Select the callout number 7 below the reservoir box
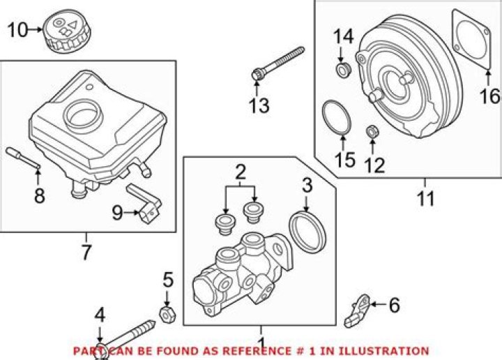86,253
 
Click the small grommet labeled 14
343,70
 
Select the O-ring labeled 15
336,117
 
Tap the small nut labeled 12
372,131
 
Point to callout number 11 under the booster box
426,198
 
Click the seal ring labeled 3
307,231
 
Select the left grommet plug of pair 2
225,225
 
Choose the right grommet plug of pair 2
254,211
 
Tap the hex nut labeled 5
167,314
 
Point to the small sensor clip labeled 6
358,310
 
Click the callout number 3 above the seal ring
307,185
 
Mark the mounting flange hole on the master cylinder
278,248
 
